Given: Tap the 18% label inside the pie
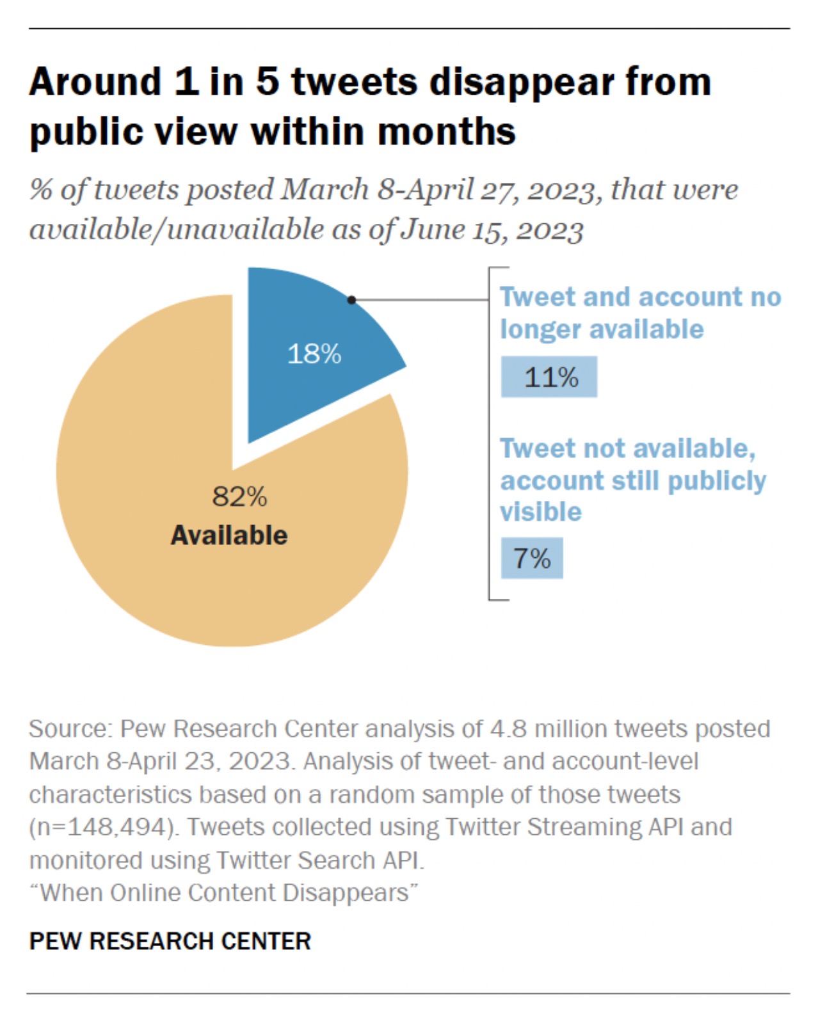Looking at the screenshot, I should (x=314, y=354).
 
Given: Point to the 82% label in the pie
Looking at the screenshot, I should (x=239, y=496).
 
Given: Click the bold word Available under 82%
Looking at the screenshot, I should (x=229, y=535).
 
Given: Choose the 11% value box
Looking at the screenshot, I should (x=549, y=377).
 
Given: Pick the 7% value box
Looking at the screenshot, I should (x=532, y=558).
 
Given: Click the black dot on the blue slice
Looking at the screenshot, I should (x=351, y=299).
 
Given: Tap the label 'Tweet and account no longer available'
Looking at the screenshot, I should (x=640, y=313).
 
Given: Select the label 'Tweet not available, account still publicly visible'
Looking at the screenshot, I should (x=632, y=480).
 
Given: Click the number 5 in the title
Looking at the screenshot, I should (x=268, y=82).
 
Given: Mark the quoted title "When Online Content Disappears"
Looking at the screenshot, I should (x=223, y=892).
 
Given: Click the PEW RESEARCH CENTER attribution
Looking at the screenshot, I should (x=170, y=941).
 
